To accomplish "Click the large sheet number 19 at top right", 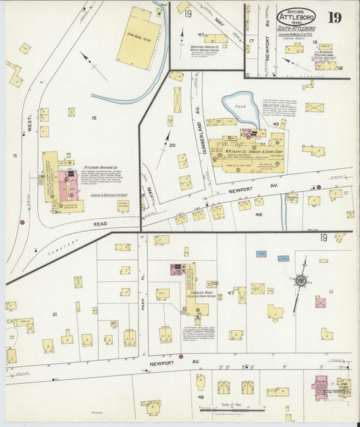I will click(334, 17).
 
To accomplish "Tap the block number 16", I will click(94, 118).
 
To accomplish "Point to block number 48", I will click(201, 397).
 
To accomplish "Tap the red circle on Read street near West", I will click(22, 222).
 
